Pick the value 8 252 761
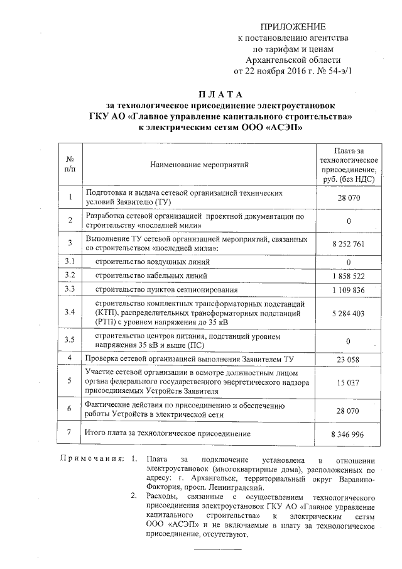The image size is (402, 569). [348, 244]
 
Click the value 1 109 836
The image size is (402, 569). [348, 290]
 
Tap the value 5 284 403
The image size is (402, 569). [348, 312]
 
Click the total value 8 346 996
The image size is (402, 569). [348, 434]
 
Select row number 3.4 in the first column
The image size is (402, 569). [70, 312]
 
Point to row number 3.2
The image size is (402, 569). [70, 275]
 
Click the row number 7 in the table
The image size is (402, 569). [70, 433]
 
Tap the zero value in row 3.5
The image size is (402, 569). [348, 341]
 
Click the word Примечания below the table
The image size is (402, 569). [92, 460]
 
